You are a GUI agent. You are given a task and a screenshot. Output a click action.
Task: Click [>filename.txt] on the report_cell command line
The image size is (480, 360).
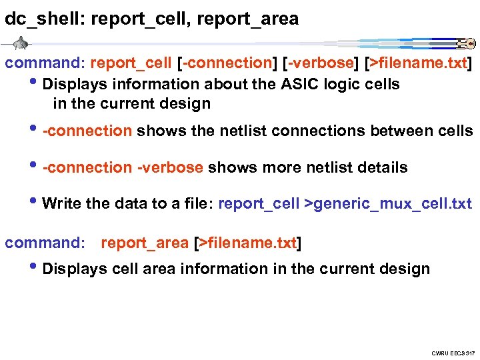coord(417,64)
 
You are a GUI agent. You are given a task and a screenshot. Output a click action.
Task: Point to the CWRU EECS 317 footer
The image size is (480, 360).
coord(451,352)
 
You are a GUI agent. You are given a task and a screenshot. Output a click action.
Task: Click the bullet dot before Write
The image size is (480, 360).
coord(35,202)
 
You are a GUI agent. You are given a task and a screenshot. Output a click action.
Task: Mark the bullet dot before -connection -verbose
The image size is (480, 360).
coord(35,165)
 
